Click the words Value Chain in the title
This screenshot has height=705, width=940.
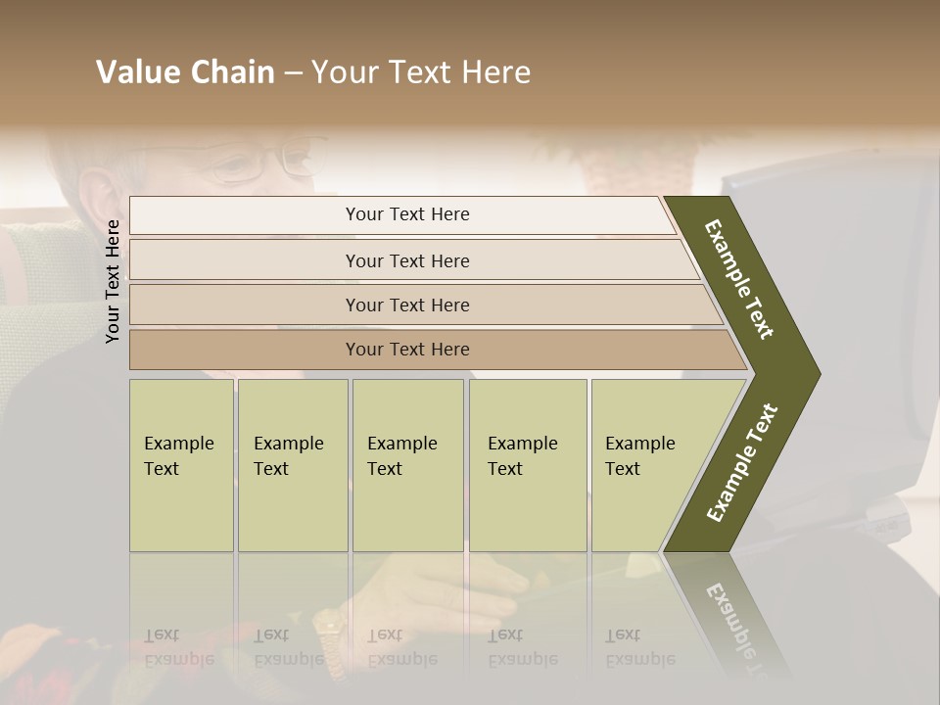(185, 72)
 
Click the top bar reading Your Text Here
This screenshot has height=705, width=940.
(406, 214)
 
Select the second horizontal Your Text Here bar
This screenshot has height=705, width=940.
(406, 260)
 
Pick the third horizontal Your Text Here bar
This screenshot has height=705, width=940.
(406, 305)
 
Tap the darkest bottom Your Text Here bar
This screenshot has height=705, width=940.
(406, 350)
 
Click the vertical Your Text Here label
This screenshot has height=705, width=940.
(113, 281)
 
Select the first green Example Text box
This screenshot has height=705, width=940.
(181, 465)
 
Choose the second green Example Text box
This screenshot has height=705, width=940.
(292, 465)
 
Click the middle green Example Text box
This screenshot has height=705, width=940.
(407, 465)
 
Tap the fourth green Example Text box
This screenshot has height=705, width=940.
(528, 465)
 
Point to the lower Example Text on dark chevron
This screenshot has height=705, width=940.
(742, 463)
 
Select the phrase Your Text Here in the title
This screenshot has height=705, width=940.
(421, 72)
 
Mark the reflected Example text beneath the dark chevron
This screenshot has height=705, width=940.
(735, 627)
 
